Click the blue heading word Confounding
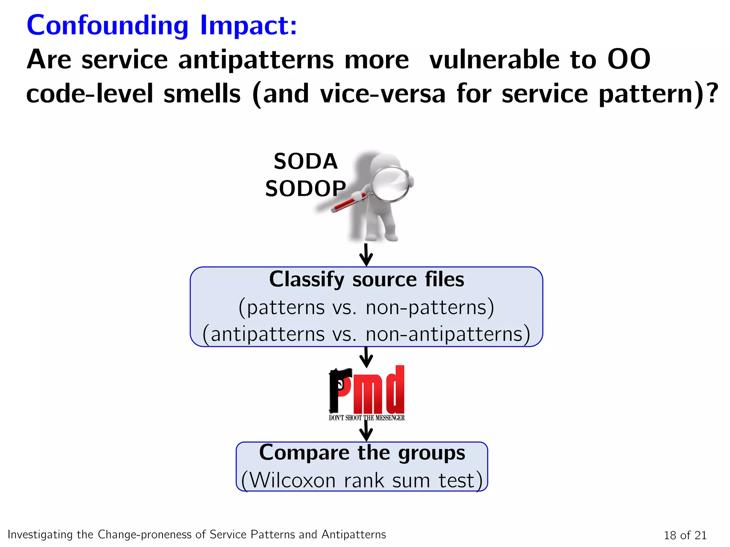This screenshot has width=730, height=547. point(107,26)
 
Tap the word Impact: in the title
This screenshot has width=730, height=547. point(248,26)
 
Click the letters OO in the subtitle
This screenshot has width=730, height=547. point(629,59)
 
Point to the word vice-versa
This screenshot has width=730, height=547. point(382,94)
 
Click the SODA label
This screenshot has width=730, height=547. point(305,161)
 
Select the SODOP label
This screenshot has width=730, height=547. point(305,188)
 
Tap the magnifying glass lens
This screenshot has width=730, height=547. point(390,184)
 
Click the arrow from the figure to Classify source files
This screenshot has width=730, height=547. point(366,255)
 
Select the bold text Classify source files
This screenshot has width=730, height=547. point(366,279)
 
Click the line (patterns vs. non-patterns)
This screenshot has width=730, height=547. point(366,307)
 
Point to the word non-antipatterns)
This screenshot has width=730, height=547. point(448,334)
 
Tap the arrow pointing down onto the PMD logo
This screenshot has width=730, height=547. point(366,357)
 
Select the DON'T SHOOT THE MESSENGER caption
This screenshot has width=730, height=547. point(366,418)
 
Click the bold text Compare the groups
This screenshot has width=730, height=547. point(362,453)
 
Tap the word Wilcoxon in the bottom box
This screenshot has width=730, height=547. point(292,480)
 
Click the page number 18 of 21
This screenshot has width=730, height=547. point(685,535)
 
